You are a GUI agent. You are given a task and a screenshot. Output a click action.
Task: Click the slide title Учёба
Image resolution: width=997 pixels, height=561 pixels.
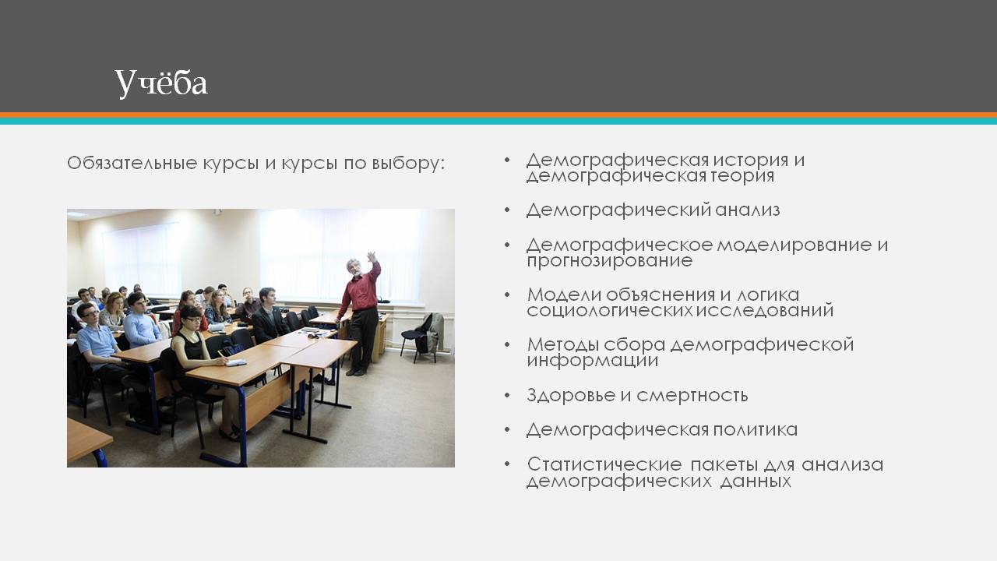[161, 83]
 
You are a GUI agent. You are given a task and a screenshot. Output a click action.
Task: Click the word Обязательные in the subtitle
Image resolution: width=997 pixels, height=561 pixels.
[132, 163]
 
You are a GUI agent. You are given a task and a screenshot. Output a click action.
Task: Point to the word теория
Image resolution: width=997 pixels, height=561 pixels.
[742, 176]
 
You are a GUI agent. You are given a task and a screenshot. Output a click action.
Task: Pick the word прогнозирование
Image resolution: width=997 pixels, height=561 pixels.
[609, 261]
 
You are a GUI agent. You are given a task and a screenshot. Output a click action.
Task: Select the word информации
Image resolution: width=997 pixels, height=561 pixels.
[593, 361]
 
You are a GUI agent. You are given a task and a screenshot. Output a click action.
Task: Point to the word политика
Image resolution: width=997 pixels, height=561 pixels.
[756, 430]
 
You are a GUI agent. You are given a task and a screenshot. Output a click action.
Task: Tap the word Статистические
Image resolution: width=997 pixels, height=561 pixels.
[604, 464]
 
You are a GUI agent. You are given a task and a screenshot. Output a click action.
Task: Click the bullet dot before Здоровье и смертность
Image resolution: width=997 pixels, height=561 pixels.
[507, 395]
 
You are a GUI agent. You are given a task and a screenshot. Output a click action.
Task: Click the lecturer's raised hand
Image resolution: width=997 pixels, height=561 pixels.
[372, 258]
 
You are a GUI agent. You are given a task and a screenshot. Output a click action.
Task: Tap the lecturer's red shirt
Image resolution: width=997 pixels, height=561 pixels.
[361, 289]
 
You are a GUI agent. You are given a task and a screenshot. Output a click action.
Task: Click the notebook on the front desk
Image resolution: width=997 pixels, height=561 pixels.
[235, 362]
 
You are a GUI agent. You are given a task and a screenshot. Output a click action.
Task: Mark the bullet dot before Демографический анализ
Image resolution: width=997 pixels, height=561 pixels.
[507, 210]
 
